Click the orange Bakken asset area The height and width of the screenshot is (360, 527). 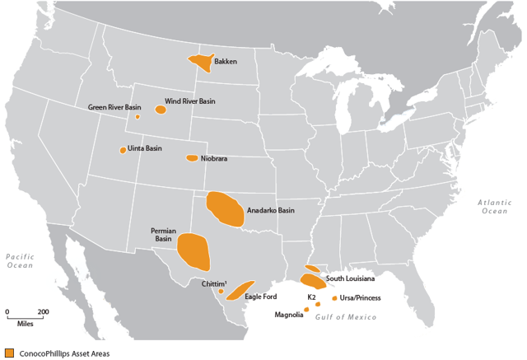(200, 63)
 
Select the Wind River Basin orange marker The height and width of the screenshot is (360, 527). (161, 109)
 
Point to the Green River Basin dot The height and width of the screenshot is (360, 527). (138, 117)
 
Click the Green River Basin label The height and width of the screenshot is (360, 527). (114, 107)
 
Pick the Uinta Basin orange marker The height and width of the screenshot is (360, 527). (123, 150)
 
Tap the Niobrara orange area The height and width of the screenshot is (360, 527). (192, 157)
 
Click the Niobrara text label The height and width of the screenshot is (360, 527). (214, 158)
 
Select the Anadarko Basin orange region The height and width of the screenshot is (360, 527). (224, 209)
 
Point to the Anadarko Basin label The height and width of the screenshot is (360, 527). (271, 210)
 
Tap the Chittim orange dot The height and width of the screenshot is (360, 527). (221, 291)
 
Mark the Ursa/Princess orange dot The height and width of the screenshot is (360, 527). (333, 297)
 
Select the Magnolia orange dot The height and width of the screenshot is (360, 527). (306, 310)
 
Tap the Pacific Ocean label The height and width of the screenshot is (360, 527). (19, 261)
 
